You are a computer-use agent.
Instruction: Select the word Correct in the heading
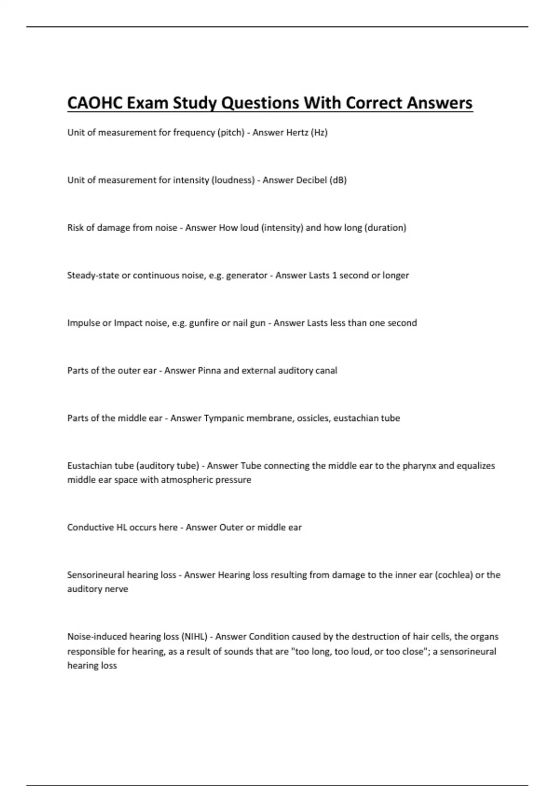(x=374, y=103)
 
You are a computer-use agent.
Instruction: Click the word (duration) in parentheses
(x=385, y=228)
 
